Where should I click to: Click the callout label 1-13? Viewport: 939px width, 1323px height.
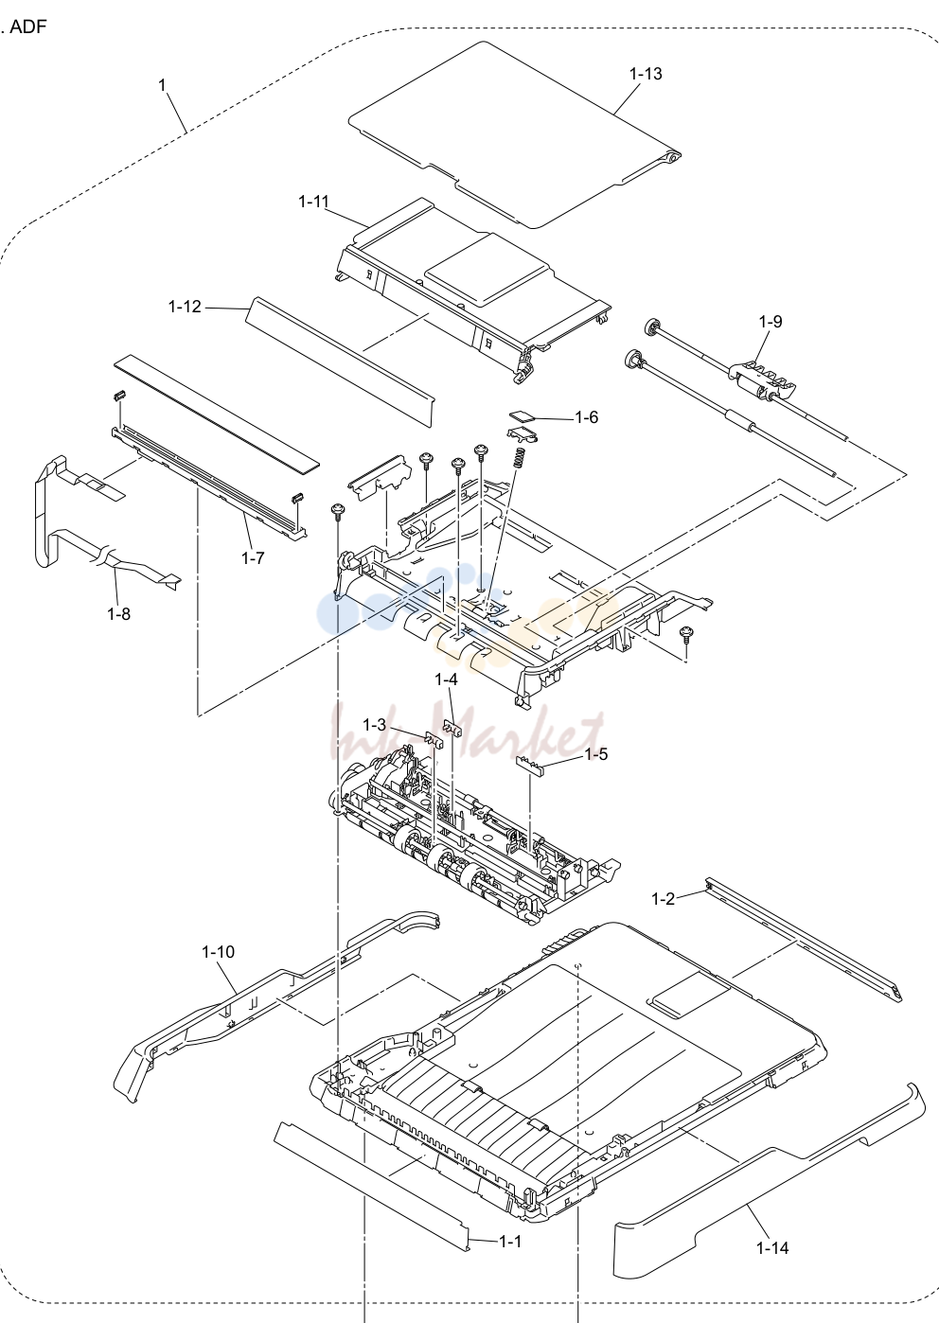click(646, 74)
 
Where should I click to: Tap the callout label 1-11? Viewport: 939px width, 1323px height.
click(313, 202)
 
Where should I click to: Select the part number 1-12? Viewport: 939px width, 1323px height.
click(185, 307)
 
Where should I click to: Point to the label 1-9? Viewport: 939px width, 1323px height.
click(770, 322)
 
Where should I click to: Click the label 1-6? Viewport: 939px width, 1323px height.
click(586, 417)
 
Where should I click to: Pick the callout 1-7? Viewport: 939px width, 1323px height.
click(253, 557)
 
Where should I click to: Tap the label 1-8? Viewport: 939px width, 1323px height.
click(118, 614)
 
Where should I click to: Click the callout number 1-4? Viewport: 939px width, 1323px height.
click(446, 679)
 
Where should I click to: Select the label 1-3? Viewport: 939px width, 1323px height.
click(374, 725)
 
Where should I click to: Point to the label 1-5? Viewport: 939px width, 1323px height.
click(595, 754)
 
